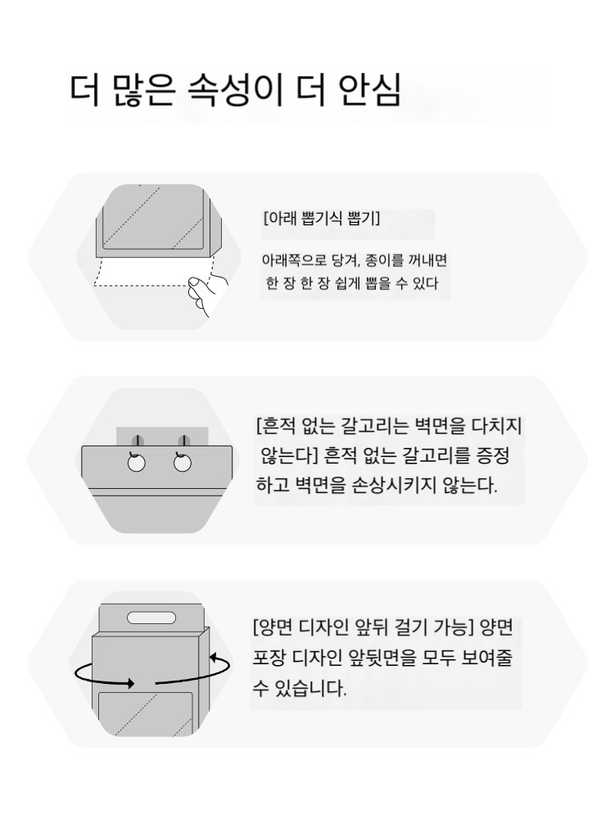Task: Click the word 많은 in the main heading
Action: (x=142, y=90)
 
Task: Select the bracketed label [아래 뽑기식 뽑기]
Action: (x=322, y=218)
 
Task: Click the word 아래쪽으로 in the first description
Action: (x=293, y=260)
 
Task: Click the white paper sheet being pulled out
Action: (x=152, y=272)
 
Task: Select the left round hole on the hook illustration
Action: (x=136, y=463)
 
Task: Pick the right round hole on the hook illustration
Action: (x=183, y=463)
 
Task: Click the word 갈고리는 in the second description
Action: (x=374, y=426)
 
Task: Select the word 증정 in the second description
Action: (x=493, y=456)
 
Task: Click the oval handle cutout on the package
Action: (x=151, y=618)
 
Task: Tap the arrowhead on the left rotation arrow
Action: (x=129, y=683)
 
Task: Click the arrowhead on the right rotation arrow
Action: (x=214, y=657)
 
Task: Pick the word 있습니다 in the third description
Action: (x=310, y=688)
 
